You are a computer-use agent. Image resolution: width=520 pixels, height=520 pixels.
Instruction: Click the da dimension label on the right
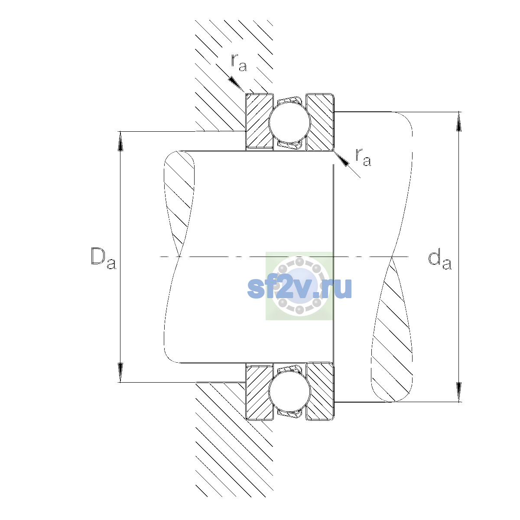tap(439, 261)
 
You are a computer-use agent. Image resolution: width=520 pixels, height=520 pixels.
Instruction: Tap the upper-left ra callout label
tap(239, 63)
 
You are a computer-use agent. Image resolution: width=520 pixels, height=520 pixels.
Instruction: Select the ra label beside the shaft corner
tap(363, 157)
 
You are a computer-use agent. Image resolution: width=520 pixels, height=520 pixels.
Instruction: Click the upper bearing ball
tap(289, 122)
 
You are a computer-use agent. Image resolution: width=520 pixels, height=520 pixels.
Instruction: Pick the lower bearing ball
tap(289, 391)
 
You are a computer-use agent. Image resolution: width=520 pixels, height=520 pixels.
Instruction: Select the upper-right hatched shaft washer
tap(320, 122)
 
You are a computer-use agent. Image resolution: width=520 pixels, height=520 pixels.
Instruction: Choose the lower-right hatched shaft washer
tap(320, 392)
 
